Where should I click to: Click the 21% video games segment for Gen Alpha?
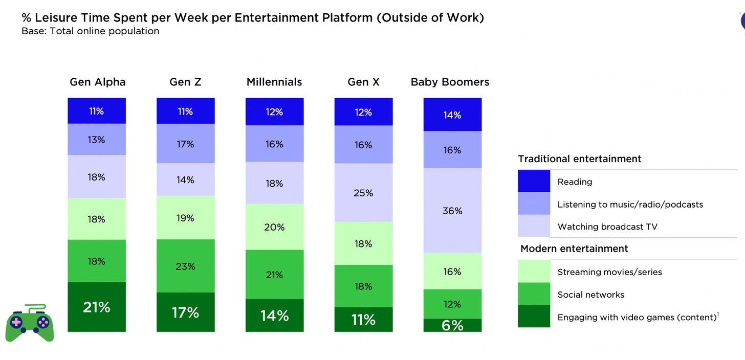pyautogui.click(x=97, y=307)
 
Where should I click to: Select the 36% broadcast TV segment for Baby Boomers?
pyautogui.click(x=452, y=211)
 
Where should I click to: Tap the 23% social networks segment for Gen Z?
pyautogui.click(x=185, y=266)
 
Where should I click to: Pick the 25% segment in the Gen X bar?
pyautogui.click(x=363, y=193)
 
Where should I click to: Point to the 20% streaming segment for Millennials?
pyautogui.click(x=274, y=227)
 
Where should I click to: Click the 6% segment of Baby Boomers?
pyautogui.click(x=452, y=325)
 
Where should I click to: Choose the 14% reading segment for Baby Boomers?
pyautogui.click(x=452, y=115)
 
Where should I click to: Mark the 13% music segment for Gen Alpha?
pyautogui.click(x=97, y=139)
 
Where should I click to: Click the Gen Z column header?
pyautogui.click(x=185, y=82)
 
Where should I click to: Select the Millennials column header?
pyautogui.click(x=274, y=82)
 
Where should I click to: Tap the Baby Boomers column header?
pyautogui.click(x=450, y=82)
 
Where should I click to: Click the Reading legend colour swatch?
pyautogui.click(x=534, y=182)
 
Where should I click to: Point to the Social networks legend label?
pyautogui.click(x=590, y=295)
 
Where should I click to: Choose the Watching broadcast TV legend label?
pyautogui.click(x=607, y=227)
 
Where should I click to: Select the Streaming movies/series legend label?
pyautogui.click(x=609, y=272)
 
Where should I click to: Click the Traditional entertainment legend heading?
pyautogui.click(x=580, y=159)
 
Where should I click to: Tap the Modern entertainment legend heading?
pyautogui.click(x=574, y=249)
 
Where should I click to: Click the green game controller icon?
pyautogui.click(x=30, y=322)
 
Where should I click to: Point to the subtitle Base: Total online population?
pyautogui.click(x=90, y=31)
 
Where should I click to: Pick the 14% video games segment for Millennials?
pyautogui.click(x=274, y=316)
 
